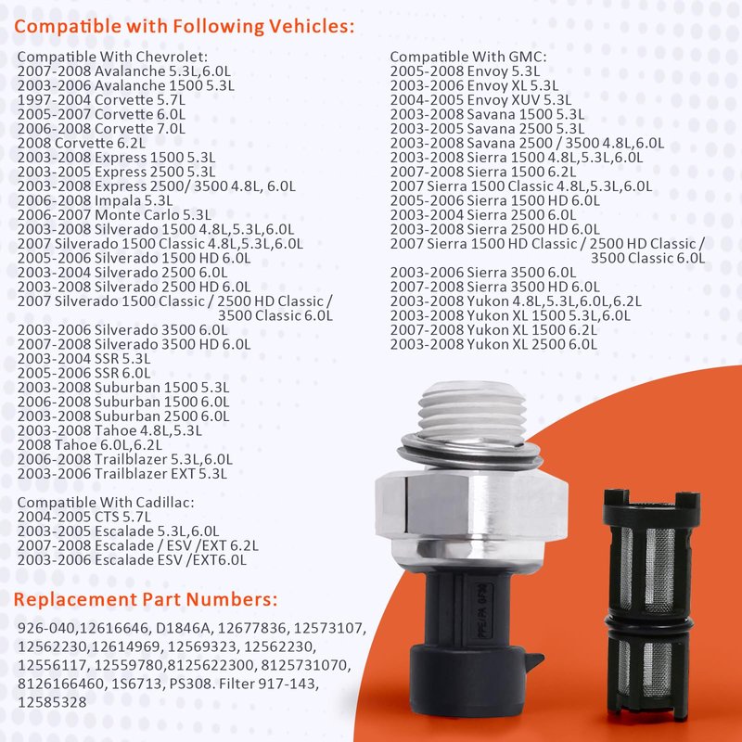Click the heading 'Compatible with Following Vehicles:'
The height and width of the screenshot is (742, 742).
[184, 26]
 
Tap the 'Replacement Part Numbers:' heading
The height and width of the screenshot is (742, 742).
[146, 599]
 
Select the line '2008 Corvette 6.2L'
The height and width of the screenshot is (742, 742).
[82, 143]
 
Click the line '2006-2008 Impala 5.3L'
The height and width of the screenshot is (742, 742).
[95, 200]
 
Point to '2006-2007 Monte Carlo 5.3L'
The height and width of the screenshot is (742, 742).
[114, 215]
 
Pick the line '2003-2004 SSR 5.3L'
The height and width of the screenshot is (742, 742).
[83, 359]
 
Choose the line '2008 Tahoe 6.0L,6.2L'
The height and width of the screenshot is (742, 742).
[89, 445]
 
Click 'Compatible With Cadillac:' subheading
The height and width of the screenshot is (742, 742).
[106, 502]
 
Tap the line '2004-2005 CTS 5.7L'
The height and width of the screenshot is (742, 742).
[84, 517]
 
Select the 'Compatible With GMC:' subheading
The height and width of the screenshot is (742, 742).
[468, 57]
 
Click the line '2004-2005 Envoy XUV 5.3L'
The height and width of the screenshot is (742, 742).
[480, 100]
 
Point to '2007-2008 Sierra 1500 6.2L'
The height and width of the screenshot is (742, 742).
[483, 172]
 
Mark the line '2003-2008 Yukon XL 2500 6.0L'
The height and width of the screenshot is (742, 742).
[493, 344]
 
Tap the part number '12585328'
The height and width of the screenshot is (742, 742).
[52, 702]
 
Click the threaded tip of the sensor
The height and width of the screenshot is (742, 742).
[472, 411]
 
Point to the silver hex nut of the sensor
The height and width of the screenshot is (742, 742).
[471, 505]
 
